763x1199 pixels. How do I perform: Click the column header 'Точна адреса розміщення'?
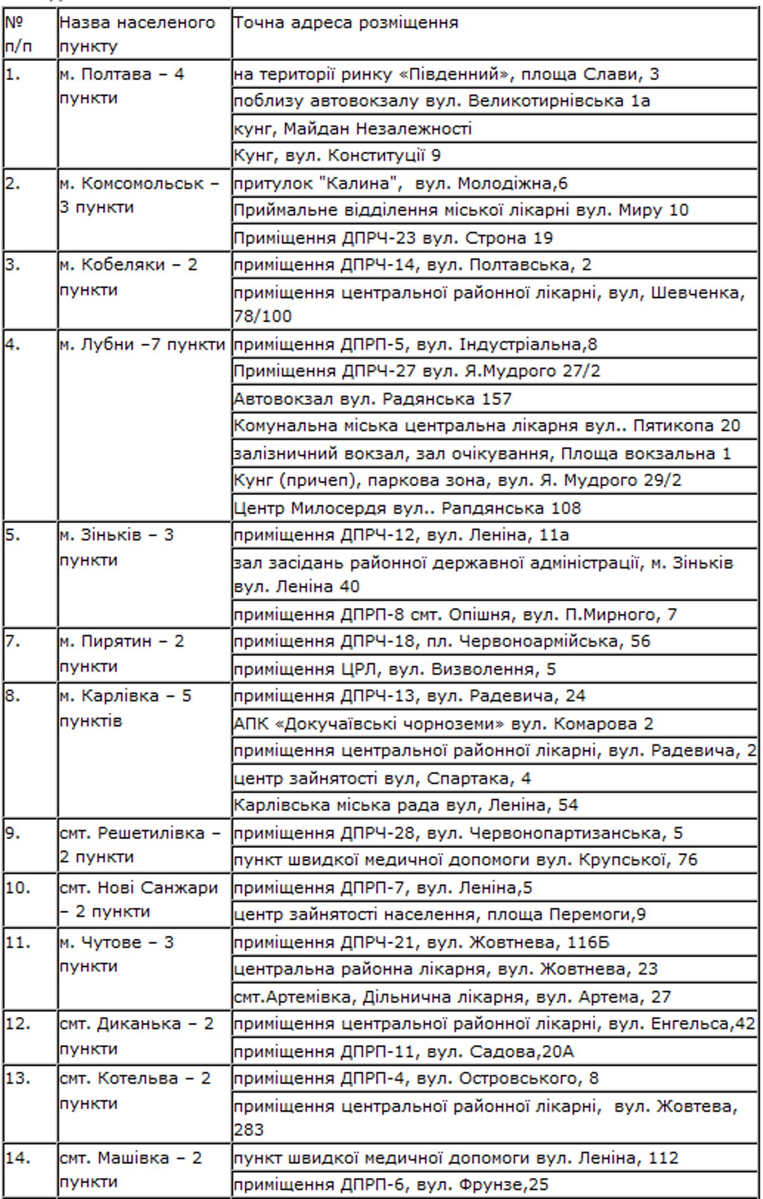point(345,24)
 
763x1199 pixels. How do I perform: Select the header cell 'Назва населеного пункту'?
point(137,35)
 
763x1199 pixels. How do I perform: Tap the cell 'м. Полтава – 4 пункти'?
point(121,86)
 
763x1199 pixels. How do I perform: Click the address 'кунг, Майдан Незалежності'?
point(352,129)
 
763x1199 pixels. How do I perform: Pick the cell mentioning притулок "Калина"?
point(401,184)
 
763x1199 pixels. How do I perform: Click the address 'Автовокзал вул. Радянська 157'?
point(373,399)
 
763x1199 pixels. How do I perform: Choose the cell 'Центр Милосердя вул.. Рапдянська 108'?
point(407,508)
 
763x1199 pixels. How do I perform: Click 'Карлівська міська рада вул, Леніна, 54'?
point(406,805)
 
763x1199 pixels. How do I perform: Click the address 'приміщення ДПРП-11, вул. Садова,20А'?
point(403,1051)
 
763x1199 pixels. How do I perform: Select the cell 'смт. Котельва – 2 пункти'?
point(135,1090)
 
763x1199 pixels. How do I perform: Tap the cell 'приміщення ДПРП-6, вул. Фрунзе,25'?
point(390,1184)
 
